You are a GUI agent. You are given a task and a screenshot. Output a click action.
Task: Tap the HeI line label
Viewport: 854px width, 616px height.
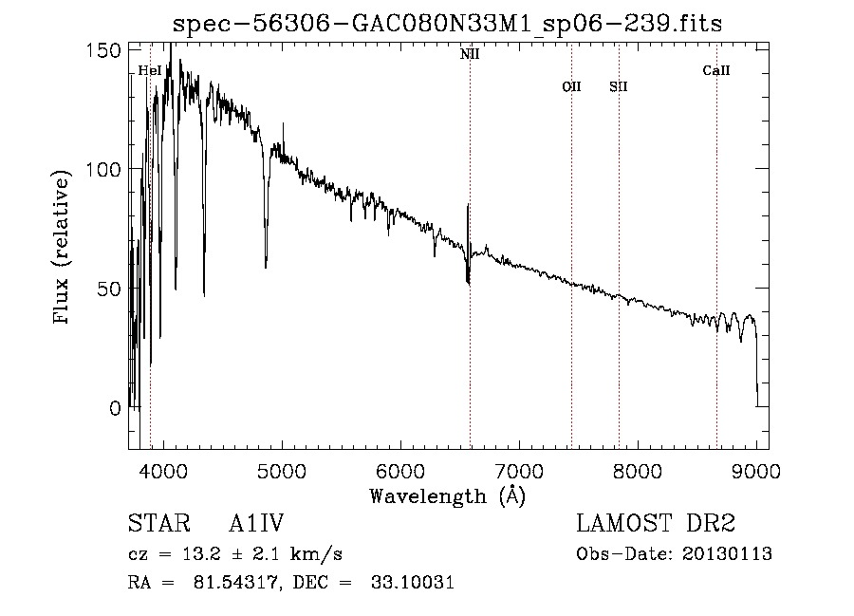pyautogui.click(x=149, y=70)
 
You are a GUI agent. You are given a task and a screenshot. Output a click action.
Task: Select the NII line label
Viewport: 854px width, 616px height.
pyautogui.click(x=470, y=54)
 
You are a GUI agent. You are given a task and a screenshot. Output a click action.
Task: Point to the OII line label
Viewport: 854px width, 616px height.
pyautogui.click(x=571, y=86)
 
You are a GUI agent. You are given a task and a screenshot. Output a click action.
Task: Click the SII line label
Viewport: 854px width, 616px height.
pyautogui.click(x=619, y=86)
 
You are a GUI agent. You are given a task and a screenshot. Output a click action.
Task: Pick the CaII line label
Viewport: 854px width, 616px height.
pyautogui.click(x=716, y=70)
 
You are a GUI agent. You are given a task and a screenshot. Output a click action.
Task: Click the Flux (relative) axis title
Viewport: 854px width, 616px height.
pyautogui.click(x=64, y=249)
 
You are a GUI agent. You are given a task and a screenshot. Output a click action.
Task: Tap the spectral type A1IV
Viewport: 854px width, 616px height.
pyautogui.click(x=256, y=524)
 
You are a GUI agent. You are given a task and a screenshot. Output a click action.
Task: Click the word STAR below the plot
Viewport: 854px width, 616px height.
pyautogui.click(x=158, y=524)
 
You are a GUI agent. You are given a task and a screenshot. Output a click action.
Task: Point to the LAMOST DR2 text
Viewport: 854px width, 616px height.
pyautogui.click(x=656, y=524)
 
